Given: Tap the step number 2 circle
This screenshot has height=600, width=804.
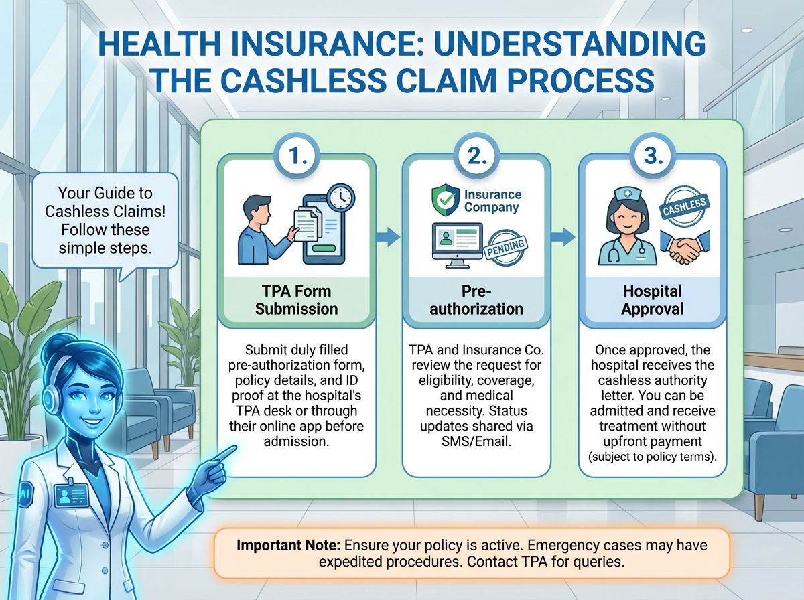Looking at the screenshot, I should point(475,157).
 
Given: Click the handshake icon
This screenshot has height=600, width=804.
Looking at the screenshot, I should point(684,248).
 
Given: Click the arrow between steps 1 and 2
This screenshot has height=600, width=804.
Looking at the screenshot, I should point(387,236).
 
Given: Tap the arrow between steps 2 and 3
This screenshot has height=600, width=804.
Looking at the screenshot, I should point(565,236).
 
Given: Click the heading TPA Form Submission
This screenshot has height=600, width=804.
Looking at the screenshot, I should point(296,300).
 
